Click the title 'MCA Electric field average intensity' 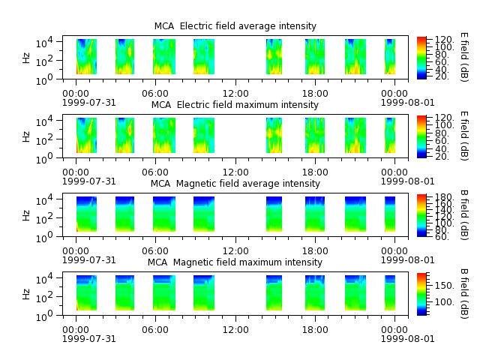235,26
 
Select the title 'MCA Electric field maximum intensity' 235,105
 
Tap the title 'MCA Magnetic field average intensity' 235,184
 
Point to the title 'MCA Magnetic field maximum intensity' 235,262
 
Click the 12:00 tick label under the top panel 235,94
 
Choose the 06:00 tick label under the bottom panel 155,330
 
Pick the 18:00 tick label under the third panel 315,251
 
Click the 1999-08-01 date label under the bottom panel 407,339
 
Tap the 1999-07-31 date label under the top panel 89,103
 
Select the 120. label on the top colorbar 444,40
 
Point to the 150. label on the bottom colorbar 444,286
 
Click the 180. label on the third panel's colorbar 444,197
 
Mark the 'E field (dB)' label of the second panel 464,136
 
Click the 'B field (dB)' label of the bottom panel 464,293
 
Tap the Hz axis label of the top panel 27,58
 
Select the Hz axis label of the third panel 27,215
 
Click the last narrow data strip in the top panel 390,57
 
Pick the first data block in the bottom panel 87,293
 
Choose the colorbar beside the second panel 421,136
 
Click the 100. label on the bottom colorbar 444,302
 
